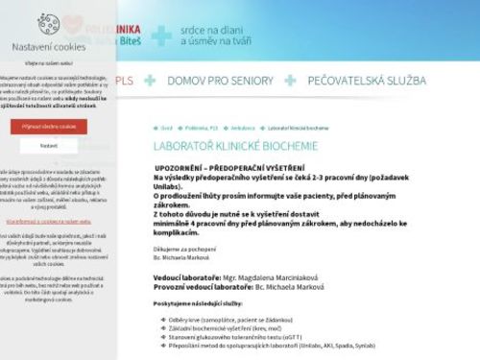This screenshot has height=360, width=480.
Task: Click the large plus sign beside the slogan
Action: click(x=162, y=35)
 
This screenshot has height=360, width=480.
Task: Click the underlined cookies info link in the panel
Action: click(x=48, y=220)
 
